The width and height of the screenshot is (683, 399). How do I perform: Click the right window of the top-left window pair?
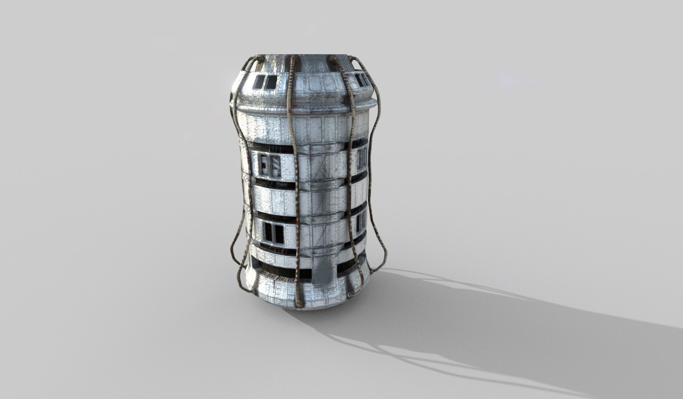[x=271, y=82]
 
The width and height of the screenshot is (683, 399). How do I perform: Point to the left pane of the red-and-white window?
[x=263, y=166]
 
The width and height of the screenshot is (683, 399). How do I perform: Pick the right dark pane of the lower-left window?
[x=279, y=233]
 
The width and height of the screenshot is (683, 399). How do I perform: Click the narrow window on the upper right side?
[x=362, y=158]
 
